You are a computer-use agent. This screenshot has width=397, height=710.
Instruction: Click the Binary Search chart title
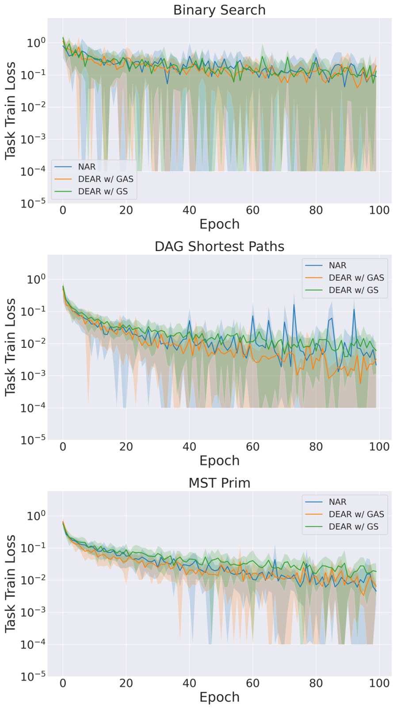pyautogui.click(x=219, y=10)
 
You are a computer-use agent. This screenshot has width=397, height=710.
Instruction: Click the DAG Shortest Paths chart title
pyautogui.click(x=219, y=246)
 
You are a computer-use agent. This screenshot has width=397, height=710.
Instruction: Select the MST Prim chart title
pyautogui.click(x=219, y=483)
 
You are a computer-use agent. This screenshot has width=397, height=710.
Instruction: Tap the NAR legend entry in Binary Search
pyautogui.click(x=87, y=167)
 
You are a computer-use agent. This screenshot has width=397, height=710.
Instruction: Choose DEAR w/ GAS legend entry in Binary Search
pyautogui.click(x=105, y=179)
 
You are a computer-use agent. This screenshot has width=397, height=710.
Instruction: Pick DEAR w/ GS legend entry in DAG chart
pyautogui.click(x=353, y=290)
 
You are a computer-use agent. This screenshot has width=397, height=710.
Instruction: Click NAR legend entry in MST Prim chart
pyautogui.click(x=337, y=502)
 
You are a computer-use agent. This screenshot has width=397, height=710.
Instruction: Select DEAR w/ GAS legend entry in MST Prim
pyautogui.click(x=356, y=514)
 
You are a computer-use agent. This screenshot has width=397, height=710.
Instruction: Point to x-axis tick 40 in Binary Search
pyautogui.click(x=189, y=210)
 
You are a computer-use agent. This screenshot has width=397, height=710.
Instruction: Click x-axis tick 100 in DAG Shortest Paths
pyautogui.click(x=379, y=447)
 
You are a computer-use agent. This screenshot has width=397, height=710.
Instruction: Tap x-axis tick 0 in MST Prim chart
pyautogui.click(x=63, y=683)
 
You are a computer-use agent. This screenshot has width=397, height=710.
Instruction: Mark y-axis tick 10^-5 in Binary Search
pyautogui.click(x=33, y=203)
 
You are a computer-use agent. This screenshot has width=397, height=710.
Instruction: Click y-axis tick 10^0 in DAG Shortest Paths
pyautogui.click(x=36, y=279)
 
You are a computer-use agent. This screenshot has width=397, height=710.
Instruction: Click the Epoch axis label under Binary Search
pyautogui.click(x=219, y=224)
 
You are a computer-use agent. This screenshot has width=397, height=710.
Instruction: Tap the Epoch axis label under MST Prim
pyautogui.click(x=219, y=697)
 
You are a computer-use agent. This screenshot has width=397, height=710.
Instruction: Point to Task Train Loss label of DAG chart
pyautogui.click(x=10, y=347)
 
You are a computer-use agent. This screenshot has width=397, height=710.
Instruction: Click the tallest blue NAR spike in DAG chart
pyautogui.click(x=294, y=305)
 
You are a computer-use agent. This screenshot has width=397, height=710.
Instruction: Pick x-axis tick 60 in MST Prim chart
pyautogui.click(x=252, y=683)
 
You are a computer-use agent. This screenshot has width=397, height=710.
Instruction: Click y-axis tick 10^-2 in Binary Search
pyautogui.click(x=33, y=107)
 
